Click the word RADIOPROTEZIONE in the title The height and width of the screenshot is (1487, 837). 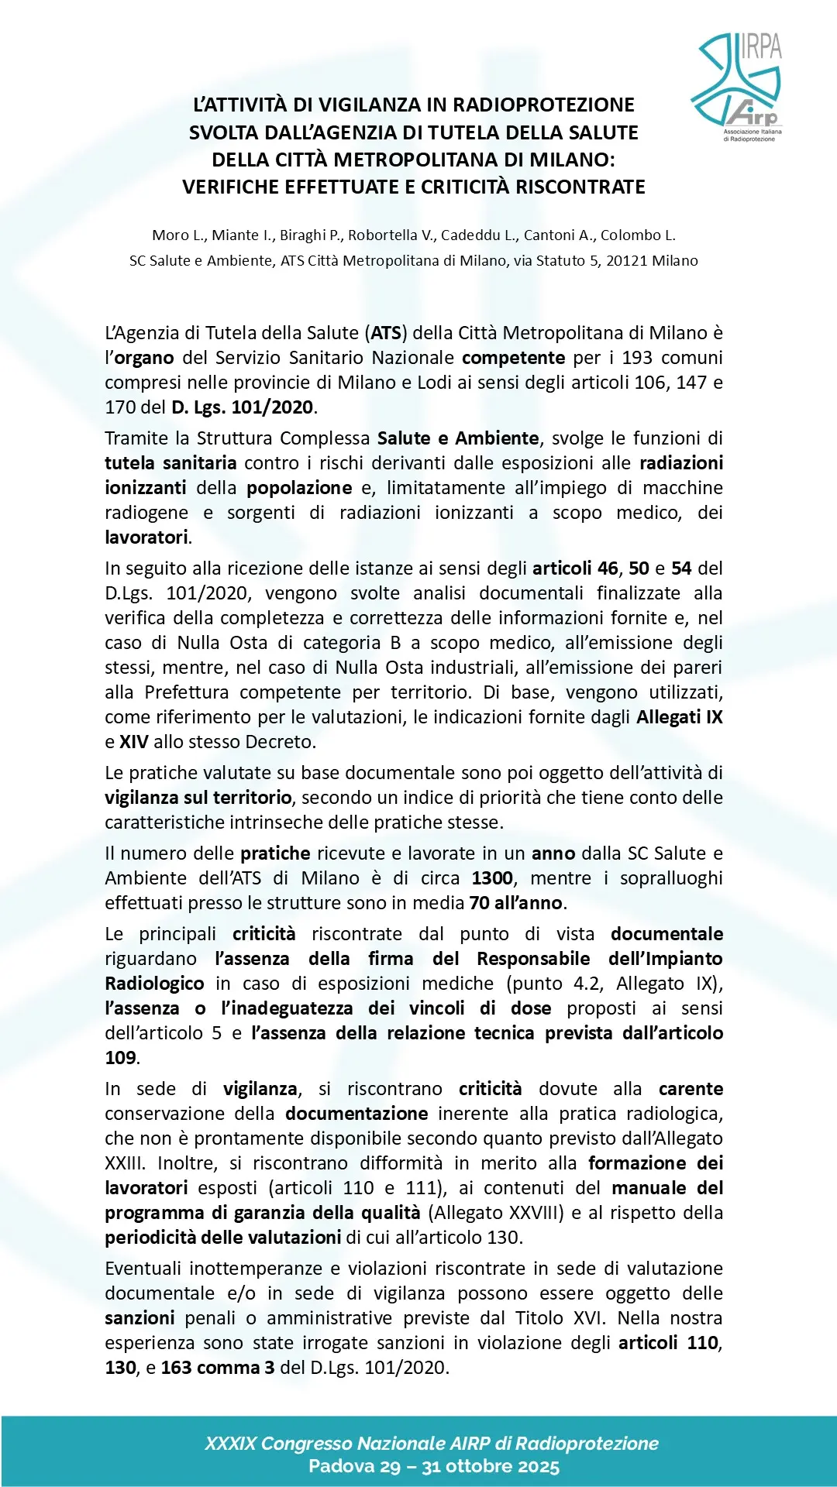tap(543, 105)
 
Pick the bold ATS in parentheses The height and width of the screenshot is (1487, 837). tap(386, 333)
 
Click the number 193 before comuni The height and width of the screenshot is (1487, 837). tap(637, 358)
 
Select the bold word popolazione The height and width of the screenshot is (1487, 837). tap(299, 488)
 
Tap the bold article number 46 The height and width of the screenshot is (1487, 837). tap(607, 568)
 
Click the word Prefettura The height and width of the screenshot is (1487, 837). tap(186, 692)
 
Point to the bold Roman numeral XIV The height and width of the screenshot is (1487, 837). tap(133, 742)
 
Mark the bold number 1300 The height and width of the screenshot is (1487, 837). tap(492, 878)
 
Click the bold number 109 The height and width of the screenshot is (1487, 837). tap(121, 1058)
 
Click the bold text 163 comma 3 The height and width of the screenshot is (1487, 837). tap(218, 1368)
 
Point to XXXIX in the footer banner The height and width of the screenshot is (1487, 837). tap(230, 1444)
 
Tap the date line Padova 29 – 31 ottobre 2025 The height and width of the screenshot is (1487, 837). tap(433, 1466)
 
